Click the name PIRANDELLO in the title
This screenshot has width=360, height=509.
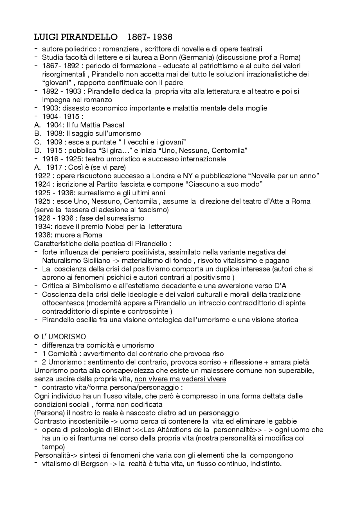90,37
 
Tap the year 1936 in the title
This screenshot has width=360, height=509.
163,37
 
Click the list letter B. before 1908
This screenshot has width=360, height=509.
37,134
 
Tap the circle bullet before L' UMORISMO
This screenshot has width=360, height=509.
36,336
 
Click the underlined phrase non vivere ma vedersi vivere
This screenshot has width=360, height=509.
180,379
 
